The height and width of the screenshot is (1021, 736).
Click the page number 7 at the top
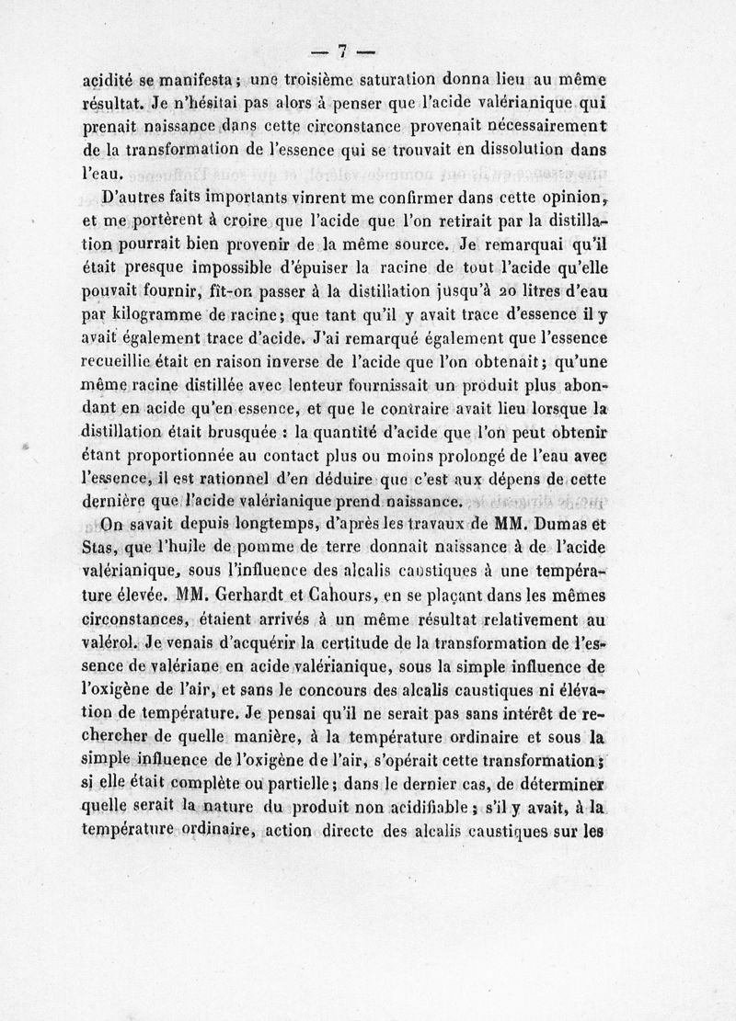pyautogui.click(x=340, y=51)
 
